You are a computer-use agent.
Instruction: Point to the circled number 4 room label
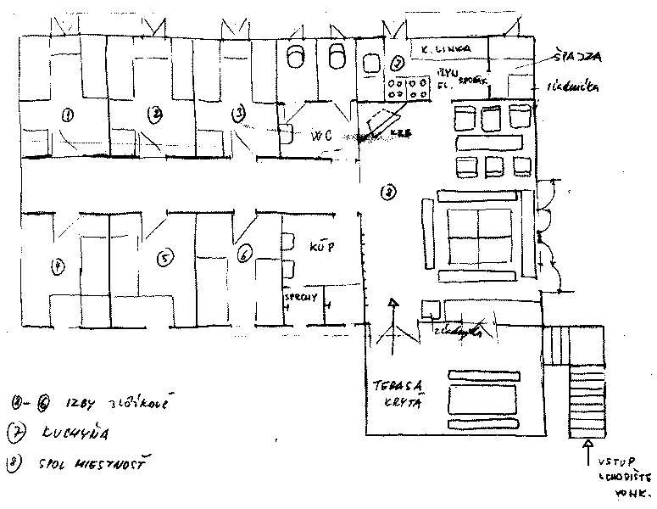pyautogui.click(x=58, y=266)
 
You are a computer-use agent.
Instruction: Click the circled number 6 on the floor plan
pyautogui.click(x=244, y=253)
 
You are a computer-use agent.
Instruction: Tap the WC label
pyautogui.click(x=320, y=135)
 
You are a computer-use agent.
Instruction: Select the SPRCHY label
pyautogui.click(x=300, y=298)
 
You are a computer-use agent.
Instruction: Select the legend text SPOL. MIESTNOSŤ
pyautogui.click(x=92, y=465)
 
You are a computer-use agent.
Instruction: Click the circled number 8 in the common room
pyautogui.click(x=388, y=193)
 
